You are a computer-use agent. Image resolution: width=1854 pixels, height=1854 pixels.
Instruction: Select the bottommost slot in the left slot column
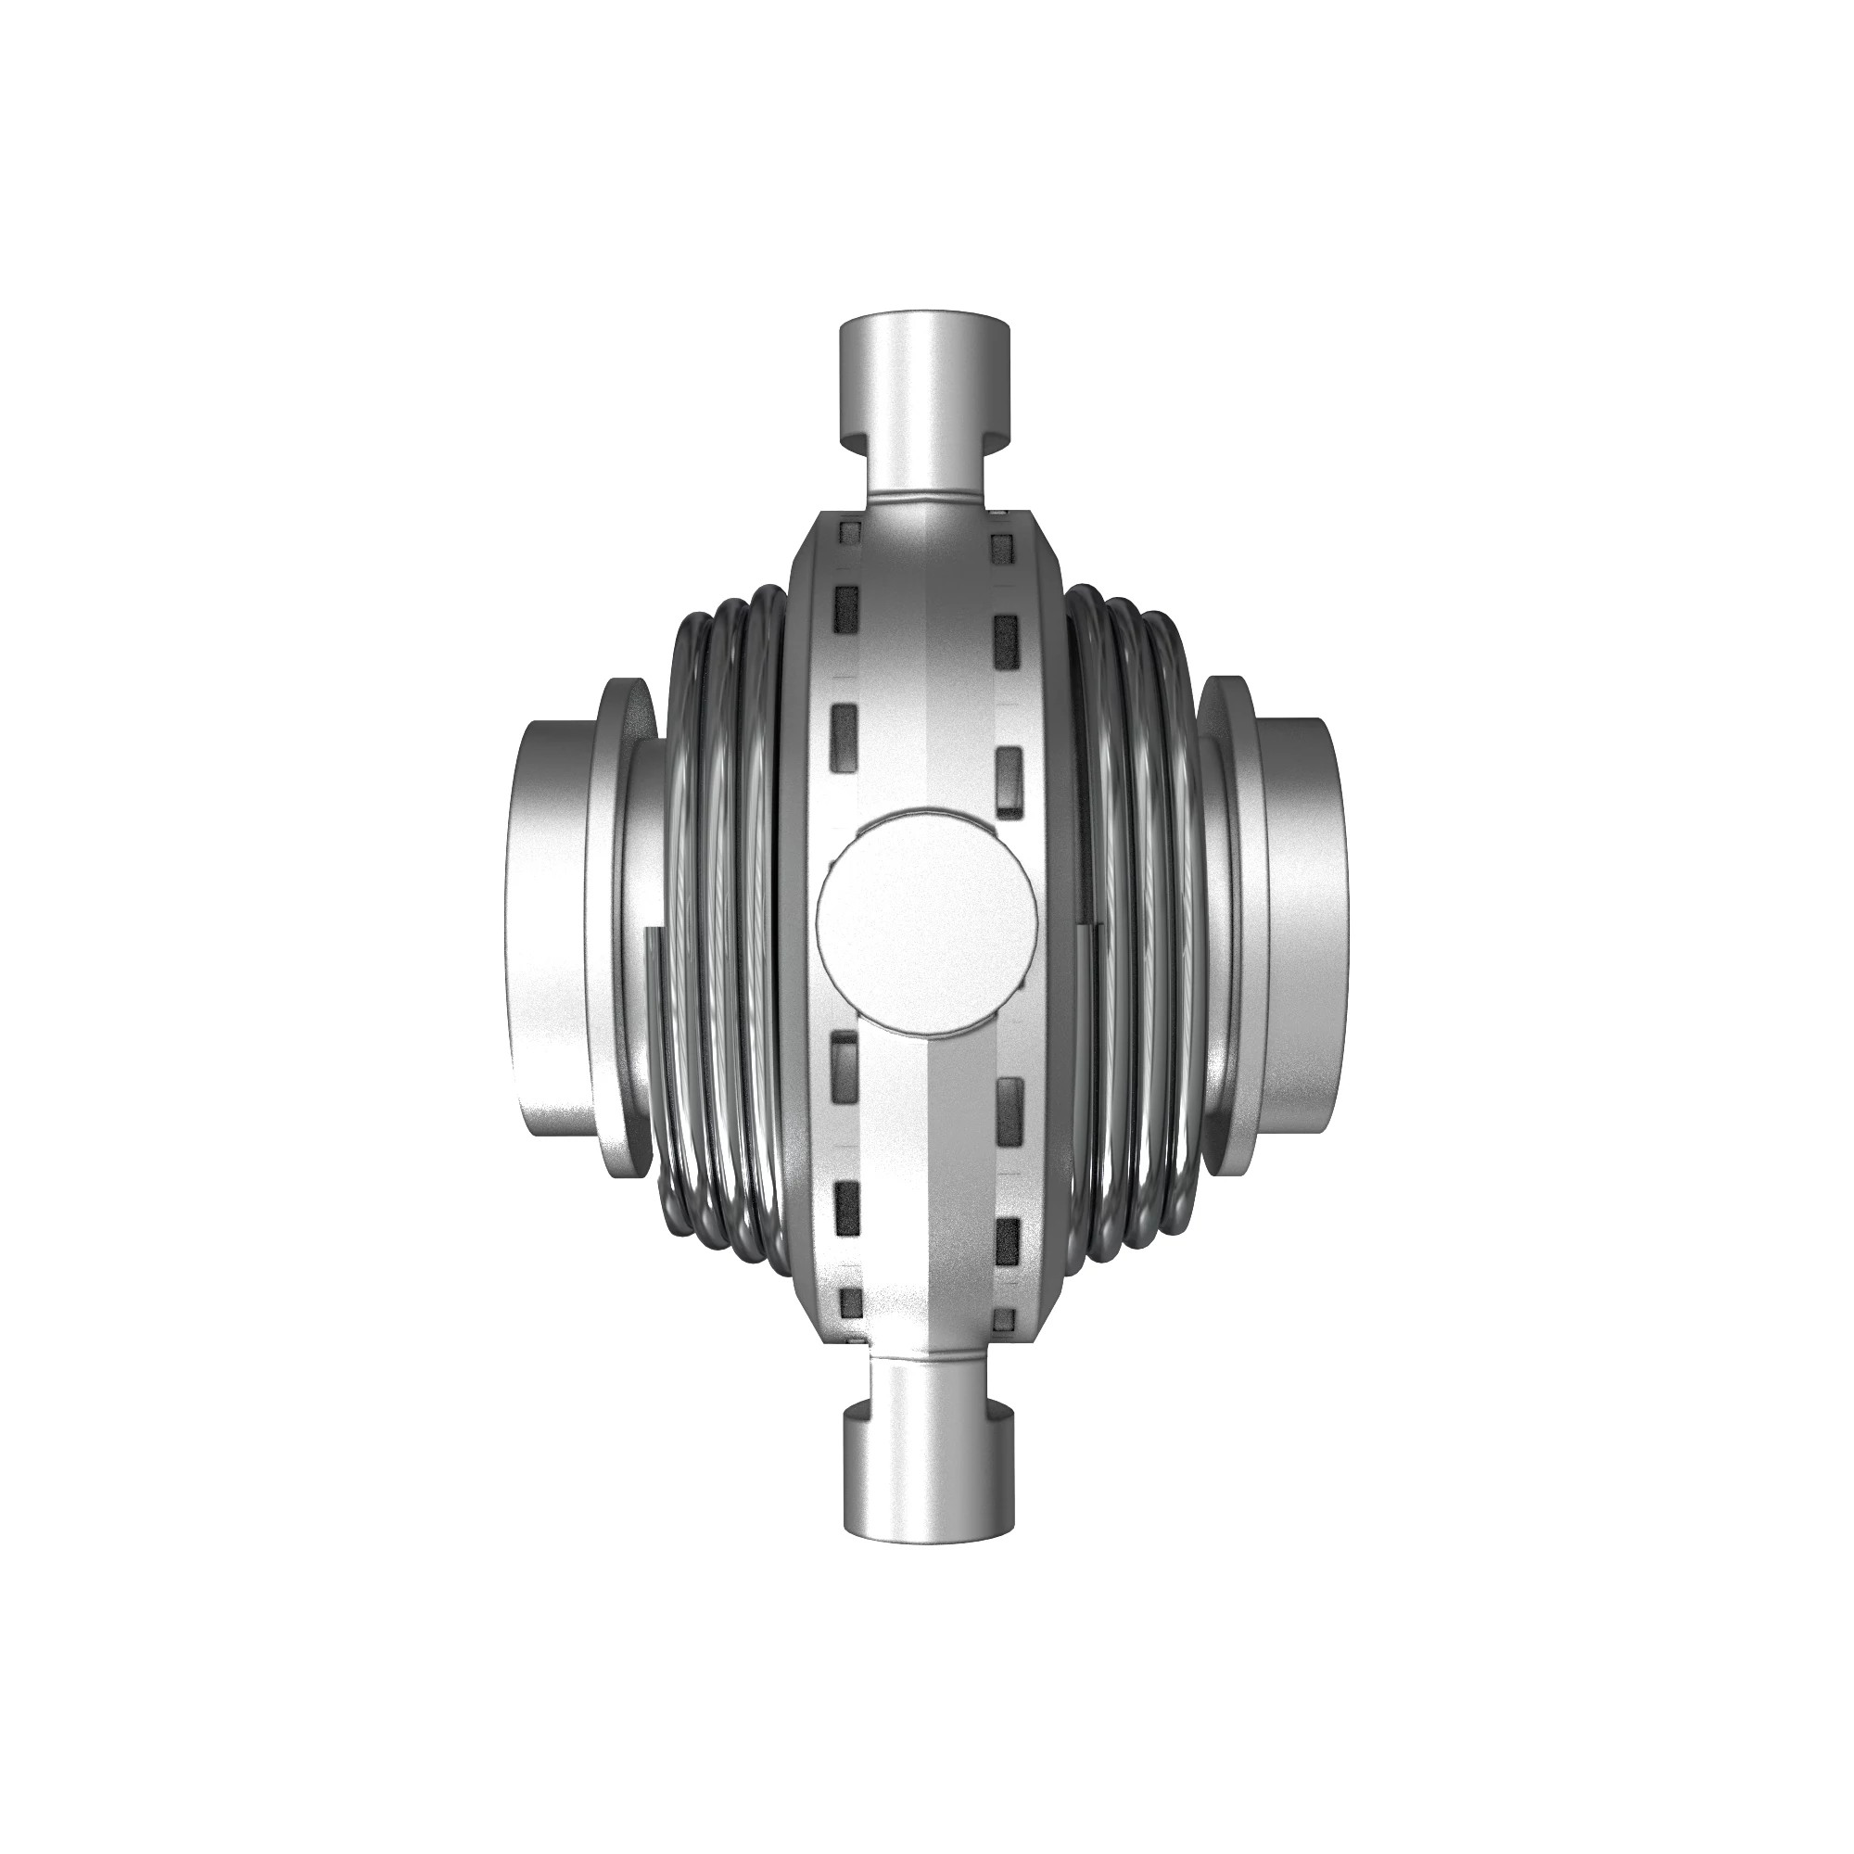[848, 1302]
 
